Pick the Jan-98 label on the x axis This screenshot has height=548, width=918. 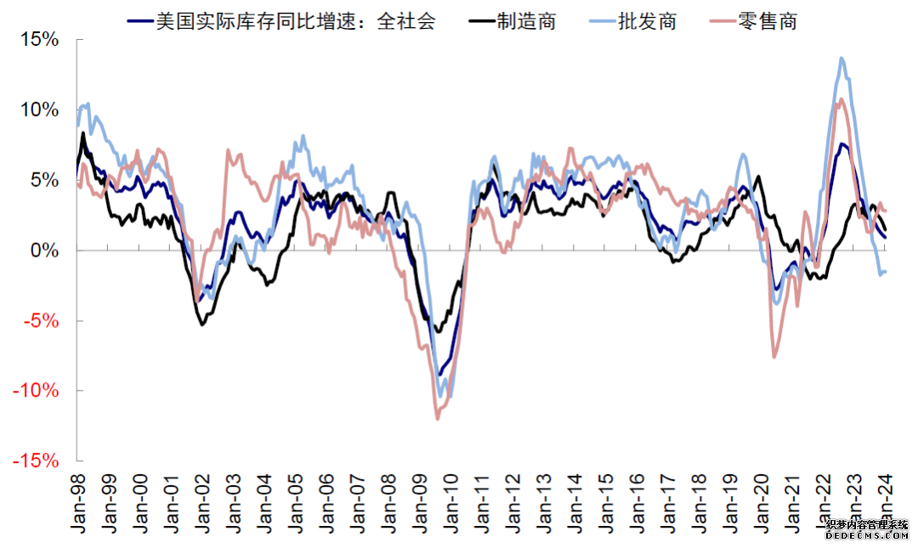(x=78, y=503)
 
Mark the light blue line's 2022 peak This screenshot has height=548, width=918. (x=841, y=58)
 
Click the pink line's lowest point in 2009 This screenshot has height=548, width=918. (x=438, y=418)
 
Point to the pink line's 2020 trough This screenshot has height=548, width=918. (x=774, y=357)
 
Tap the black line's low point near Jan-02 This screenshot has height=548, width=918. (x=202, y=325)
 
